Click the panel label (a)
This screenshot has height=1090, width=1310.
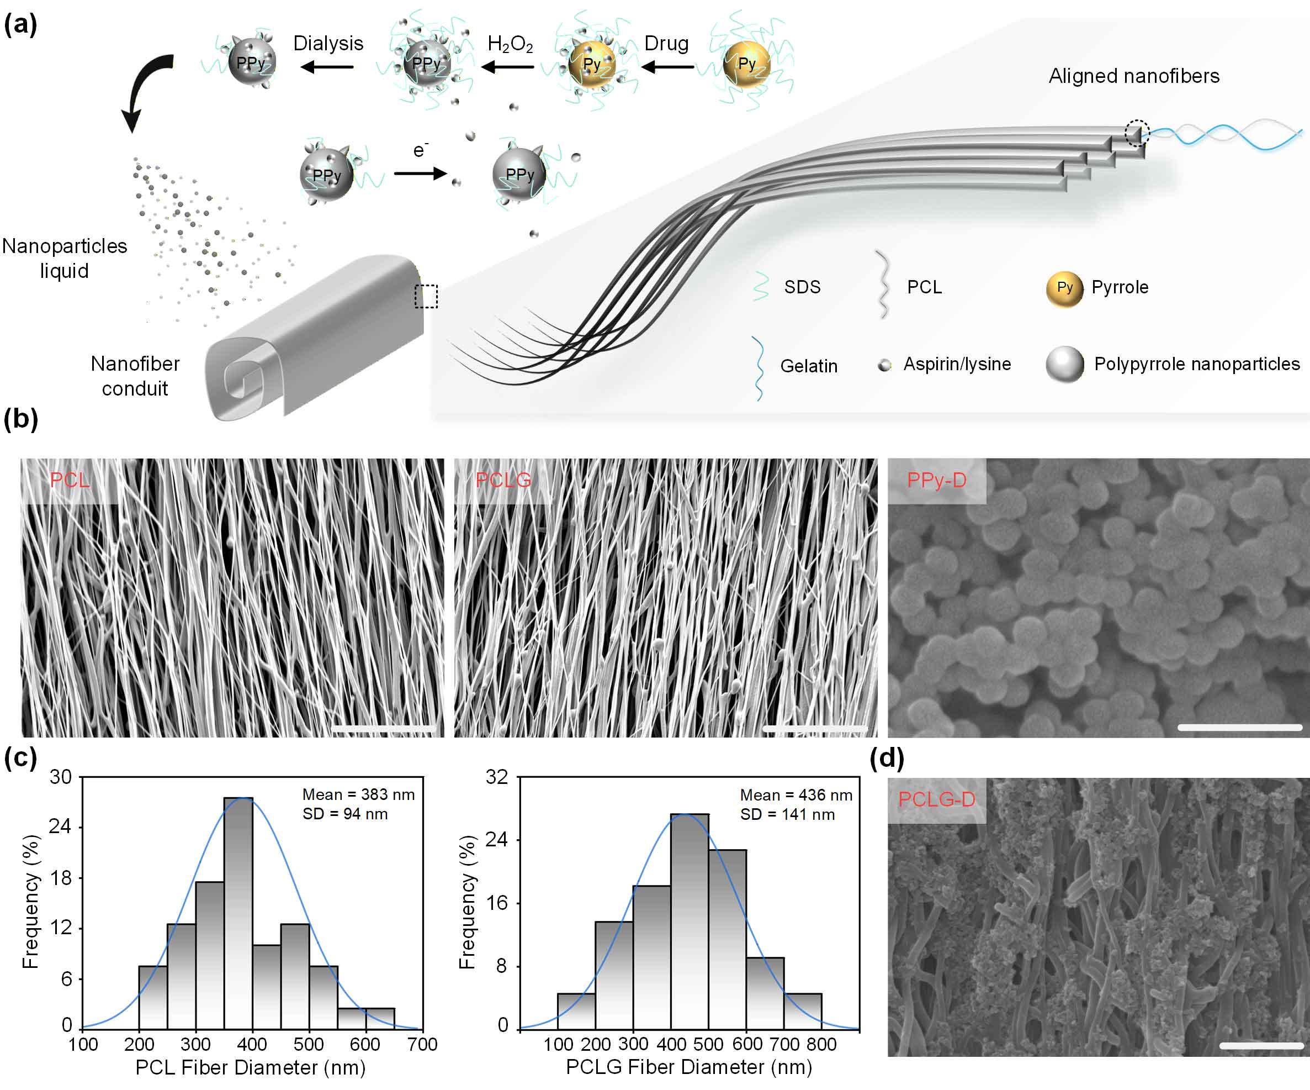(20, 25)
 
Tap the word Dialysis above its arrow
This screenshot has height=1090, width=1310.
(328, 44)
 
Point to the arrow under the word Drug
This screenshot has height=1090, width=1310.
(667, 66)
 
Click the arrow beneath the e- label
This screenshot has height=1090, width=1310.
(420, 173)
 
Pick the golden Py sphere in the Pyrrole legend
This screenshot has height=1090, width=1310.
(1064, 288)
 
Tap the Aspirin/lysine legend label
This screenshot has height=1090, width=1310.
(957, 364)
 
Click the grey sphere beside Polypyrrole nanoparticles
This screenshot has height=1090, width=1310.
(1064, 364)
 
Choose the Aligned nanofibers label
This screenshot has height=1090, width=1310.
(1133, 76)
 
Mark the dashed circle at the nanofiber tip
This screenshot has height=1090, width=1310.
(1137, 133)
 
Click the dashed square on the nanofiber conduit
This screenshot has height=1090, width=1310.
(426, 296)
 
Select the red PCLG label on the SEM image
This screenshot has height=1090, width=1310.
(503, 480)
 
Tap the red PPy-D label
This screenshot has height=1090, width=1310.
(936, 480)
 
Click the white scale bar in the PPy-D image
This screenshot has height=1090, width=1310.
(1239, 727)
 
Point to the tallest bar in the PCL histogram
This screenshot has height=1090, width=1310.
(238, 912)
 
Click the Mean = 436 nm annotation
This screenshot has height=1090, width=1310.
(796, 795)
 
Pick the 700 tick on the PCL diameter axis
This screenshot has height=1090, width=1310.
(422, 1045)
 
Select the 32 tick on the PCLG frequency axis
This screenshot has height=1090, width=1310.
(496, 777)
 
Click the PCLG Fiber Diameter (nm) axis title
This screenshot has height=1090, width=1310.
(689, 1067)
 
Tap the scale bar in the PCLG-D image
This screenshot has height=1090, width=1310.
(1261, 1045)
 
